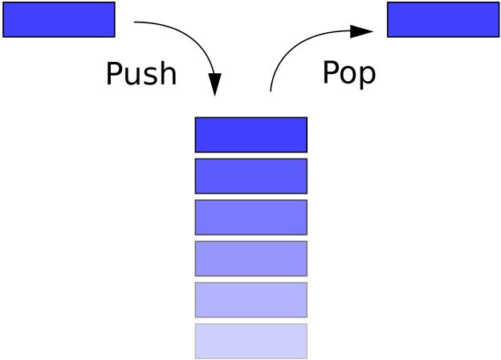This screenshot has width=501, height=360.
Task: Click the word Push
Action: (141, 74)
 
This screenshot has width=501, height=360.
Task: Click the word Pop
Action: (349, 72)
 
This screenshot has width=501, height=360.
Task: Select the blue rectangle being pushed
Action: (59, 19)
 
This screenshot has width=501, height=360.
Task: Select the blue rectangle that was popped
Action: (443, 19)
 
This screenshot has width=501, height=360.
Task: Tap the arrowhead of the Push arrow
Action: (215, 86)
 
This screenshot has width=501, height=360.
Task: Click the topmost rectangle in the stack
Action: (250, 134)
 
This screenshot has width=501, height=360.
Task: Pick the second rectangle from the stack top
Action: (250, 176)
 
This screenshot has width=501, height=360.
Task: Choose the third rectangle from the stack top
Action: (250, 217)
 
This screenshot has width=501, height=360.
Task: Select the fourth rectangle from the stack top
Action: (250, 258)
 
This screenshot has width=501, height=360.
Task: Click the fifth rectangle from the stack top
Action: (250, 299)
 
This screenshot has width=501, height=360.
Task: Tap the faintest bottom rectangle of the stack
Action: (250, 341)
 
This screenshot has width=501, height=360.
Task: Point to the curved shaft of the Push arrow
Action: (193, 37)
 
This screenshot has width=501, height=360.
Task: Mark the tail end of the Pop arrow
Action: (271, 90)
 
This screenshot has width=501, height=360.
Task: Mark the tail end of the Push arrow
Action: (136, 23)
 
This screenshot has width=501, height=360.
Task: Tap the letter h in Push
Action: (167, 73)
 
